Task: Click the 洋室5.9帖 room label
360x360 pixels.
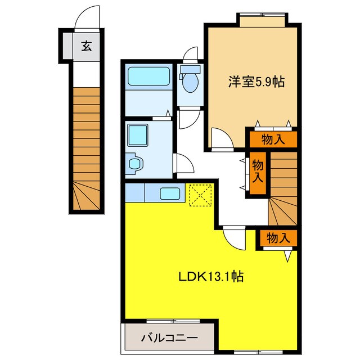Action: (256, 82)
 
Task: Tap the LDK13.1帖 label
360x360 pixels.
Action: (210, 276)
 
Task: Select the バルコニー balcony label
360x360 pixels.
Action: (168, 338)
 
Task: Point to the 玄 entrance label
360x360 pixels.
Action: (85, 46)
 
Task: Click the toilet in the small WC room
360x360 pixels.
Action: (190, 82)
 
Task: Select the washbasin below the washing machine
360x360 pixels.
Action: (135, 164)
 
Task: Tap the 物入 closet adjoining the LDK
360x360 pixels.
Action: (278, 238)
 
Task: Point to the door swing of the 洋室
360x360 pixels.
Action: (219, 138)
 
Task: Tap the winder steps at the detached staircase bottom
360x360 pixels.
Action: (86, 197)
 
